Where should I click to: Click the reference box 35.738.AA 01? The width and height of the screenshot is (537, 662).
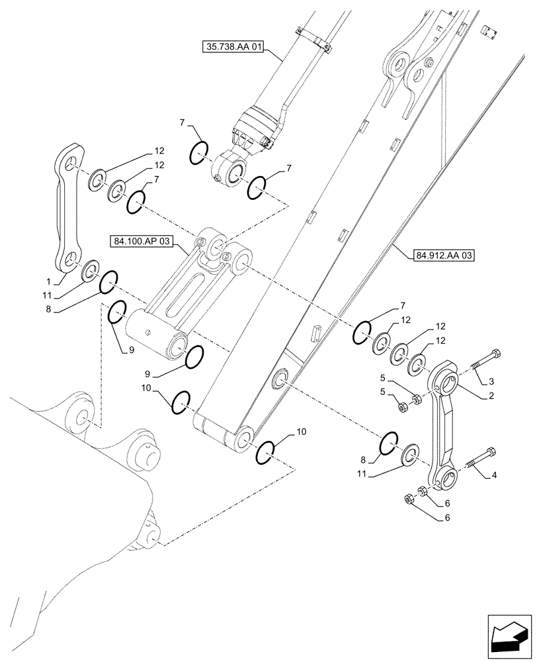(235, 47)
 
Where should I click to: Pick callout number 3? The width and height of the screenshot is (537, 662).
(491, 382)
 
